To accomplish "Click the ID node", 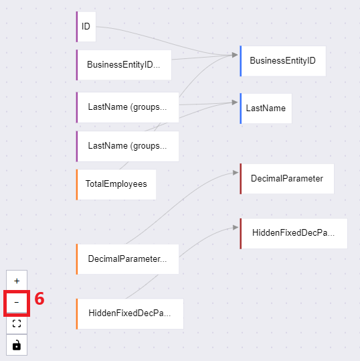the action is pyautogui.click(x=86, y=27).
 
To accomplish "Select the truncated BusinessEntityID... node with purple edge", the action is pyautogui.click(x=124, y=65).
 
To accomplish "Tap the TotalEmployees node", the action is pyautogui.click(x=116, y=184).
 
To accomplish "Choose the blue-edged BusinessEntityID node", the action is pyautogui.click(x=282, y=61).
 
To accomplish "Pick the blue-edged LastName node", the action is pyautogui.click(x=266, y=109).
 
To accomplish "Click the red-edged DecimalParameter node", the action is pyautogui.click(x=286, y=179).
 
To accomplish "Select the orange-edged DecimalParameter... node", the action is pyautogui.click(x=127, y=259).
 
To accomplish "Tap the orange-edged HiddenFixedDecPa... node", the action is pyautogui.click(x=130, y=314).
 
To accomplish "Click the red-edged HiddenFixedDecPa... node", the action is pyautogui.click(x=294, y=234).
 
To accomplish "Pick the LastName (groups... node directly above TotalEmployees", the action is pyautogui.click(x=127, y=146).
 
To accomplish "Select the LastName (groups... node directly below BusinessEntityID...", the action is pyautogui.click(x=127, y=107).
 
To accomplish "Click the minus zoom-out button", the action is pyautogui.click(x=17, y=302).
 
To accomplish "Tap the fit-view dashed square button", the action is pyautogui.click(x=17, y=323).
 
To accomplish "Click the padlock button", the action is pyautogui.click(x=17, y=345).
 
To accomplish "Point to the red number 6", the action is pyautogui.click(x=39, y=299).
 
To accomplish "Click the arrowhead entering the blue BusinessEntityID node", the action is pyautogui.click(x=235, y=55).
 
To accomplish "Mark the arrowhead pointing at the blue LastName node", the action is pyautogui.click(x=235, y=102).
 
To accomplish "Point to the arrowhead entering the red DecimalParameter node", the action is pyautogui.click(x=236, y=173).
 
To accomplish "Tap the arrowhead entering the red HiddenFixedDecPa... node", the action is pyautogui.click(x=236, y=228).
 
